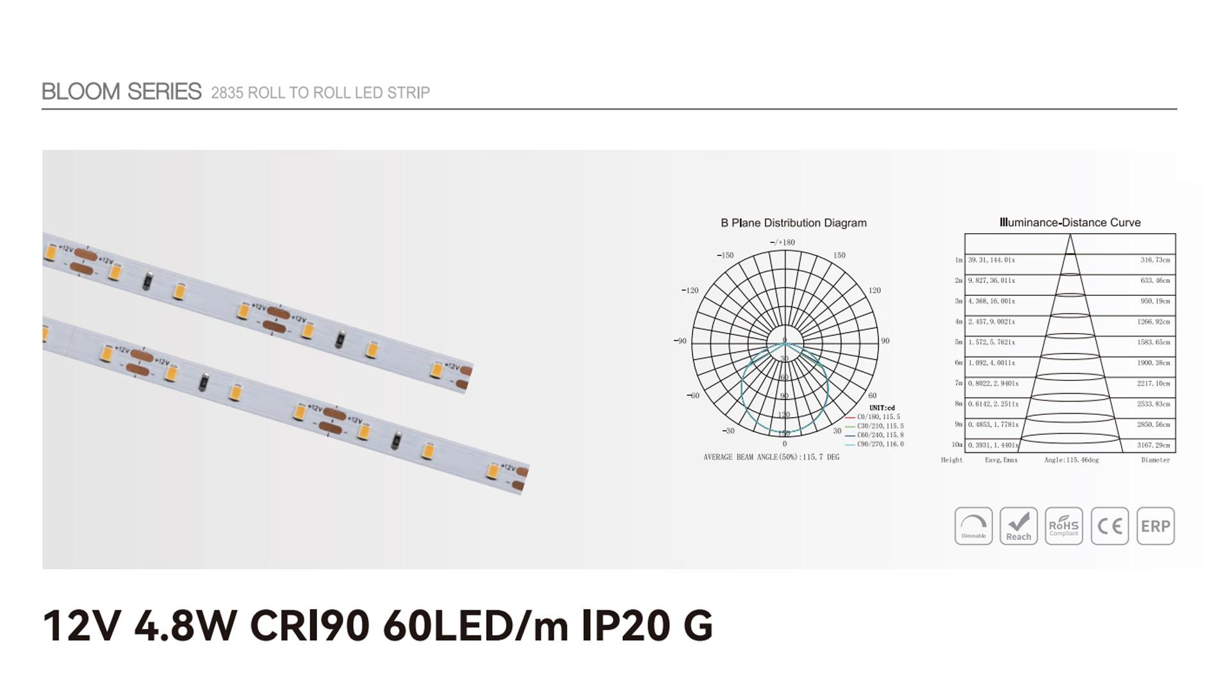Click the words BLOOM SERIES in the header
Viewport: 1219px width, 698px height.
click(122, 92)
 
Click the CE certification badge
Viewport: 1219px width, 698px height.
click(1109, 526)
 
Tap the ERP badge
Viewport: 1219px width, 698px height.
click(1156, 526)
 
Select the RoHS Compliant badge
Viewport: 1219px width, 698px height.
click(1063, 526)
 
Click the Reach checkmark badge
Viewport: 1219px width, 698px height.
click(1019, 526)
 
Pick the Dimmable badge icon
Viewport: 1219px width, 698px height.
click(973, 526)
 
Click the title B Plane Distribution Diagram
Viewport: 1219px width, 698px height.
click(793, 223)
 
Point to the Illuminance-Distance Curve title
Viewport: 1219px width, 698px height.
click(1070, 223)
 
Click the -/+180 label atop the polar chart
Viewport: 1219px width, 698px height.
click(782, 243)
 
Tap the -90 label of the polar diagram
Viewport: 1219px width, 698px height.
click(680, 341)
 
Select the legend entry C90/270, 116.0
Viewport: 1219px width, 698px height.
click(880, 444)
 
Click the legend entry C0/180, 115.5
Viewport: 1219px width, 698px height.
click(878, 417)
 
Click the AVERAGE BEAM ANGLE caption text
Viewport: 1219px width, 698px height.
click(771, 457)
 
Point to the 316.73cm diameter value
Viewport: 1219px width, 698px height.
click(1154, 260)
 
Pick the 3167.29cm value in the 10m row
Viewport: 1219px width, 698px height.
click(1153, 445)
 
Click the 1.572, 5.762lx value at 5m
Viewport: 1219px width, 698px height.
click(991, 342)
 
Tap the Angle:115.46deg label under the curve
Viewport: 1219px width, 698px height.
click(1071, 460)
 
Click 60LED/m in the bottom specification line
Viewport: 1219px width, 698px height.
click(475, 626)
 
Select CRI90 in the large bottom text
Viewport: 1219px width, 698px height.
click(309, 626)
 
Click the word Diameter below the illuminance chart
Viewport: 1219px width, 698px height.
click(1155, 460)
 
